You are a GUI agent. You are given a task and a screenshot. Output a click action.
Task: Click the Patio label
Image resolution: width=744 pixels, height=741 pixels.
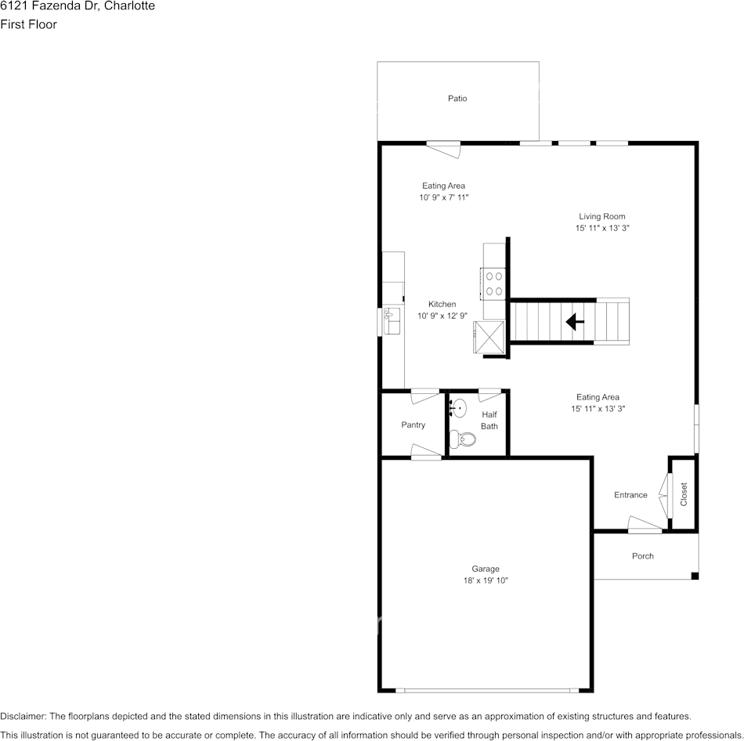point(457,98)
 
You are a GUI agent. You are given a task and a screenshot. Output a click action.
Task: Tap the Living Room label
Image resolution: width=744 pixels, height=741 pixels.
point(601,216)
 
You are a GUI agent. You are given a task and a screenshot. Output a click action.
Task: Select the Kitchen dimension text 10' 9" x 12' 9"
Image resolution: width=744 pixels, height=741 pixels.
point(442,316)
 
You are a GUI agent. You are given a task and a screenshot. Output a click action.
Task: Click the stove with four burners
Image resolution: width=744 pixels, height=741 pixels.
point(493,284)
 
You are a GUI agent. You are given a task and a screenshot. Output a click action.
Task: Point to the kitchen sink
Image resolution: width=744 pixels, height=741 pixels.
point(392,321)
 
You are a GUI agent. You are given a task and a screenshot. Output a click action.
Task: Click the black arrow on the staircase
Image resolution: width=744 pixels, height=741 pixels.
point(575,322)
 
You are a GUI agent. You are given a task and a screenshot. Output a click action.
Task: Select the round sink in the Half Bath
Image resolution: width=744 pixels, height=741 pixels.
point(458,408)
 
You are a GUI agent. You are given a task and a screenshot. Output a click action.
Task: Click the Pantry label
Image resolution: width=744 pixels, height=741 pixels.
point(414,425)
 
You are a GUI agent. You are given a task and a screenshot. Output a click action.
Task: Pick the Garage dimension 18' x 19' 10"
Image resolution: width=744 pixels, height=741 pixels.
point(486,580)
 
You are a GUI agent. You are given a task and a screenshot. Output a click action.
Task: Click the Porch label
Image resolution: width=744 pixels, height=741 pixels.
point(642,556)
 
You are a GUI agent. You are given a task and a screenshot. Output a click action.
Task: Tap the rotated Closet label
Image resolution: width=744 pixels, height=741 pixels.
point(684,494)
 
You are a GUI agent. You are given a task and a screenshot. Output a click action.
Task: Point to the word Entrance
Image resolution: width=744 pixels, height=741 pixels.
point(630,494)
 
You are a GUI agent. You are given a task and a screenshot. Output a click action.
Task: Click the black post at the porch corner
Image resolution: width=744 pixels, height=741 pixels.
point(695,577)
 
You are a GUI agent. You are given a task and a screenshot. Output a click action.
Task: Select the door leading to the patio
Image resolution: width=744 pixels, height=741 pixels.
point(443,149)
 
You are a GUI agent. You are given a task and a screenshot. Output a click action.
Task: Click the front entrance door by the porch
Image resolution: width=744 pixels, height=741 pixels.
point(645,524)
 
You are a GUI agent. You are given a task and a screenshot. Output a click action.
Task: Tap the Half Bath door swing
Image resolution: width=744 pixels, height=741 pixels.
point(489,395)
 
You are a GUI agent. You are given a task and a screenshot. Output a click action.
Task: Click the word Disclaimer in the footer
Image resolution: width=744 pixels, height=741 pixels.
point(22,716)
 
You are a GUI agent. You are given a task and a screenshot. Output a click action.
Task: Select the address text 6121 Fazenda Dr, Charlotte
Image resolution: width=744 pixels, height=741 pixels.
point(78,6)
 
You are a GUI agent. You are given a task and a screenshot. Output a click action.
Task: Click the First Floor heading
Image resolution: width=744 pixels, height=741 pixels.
point(28,24)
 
